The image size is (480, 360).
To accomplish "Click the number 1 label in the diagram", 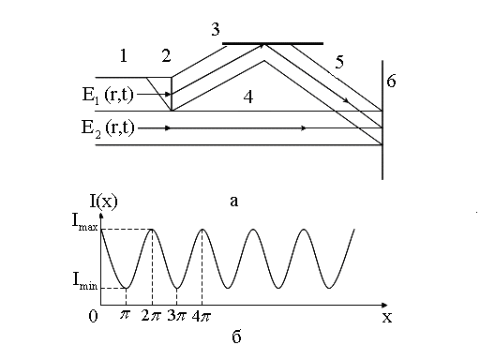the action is (x=124, y=56).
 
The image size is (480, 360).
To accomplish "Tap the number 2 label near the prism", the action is (x=166, y=56).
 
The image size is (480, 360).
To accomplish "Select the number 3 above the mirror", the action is (x=216, y=29).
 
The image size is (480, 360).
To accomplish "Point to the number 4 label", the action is (x=248, y=97).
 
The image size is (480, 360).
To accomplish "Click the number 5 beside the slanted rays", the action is (x=339, y=62).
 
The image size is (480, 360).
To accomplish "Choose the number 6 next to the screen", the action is (x=391, y=81).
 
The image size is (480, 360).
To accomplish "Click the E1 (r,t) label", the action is (x=108, y=95).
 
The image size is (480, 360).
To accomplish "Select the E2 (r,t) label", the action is (x=108, y=128).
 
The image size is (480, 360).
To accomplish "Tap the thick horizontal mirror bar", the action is (x=273, y=43).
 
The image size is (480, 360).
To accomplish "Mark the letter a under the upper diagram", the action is (x=234, y=202).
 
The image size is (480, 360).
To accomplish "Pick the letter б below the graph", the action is (x=236, y=337).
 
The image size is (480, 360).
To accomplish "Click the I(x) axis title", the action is (x=104, y=202).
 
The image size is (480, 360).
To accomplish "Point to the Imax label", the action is (x=85, y=221).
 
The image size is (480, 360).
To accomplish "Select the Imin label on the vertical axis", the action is (x=85, y=280).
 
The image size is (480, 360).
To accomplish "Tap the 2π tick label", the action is (x=151, y=316).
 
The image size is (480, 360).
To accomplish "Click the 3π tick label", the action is (x=176, y=316).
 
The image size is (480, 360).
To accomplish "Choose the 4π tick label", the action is (x=202, y=316).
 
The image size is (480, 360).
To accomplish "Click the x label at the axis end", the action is (x=387, y=318).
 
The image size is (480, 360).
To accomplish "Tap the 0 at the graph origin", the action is (x=93, y=316).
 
